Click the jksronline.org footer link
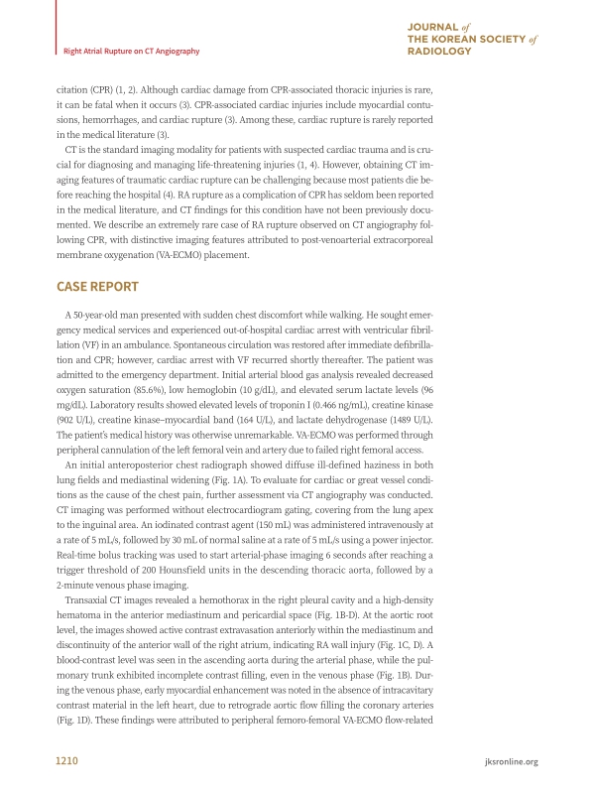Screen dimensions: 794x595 coord(508,761)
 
